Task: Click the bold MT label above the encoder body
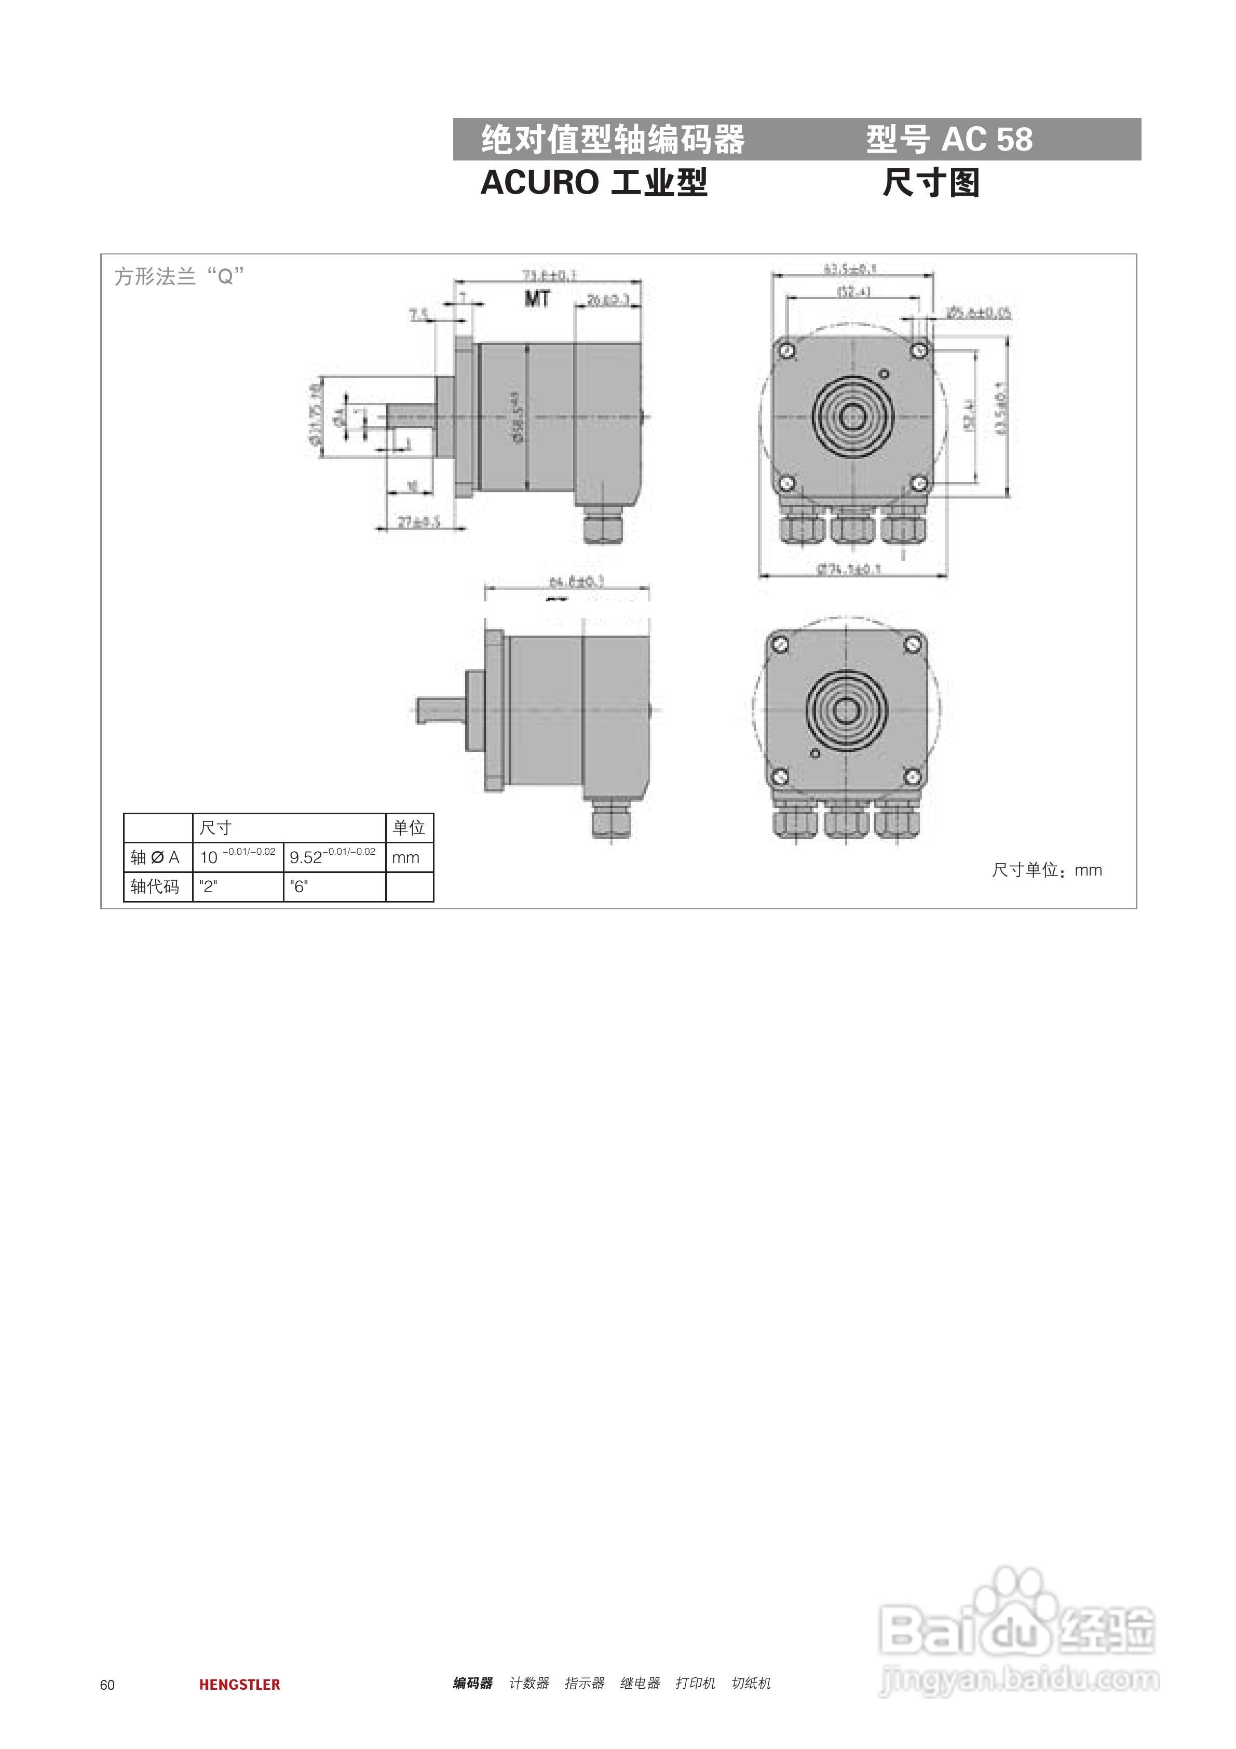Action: [x=537, y=299]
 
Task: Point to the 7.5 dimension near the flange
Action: [x=419, y=313]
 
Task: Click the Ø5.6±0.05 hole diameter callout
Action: [x=979, y=312]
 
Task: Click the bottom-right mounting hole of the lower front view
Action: [x=913, y=776]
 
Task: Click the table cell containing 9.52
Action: [x=334, y=857]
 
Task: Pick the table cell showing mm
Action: [x=408, y=857]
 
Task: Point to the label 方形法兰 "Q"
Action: [x=179, y=276]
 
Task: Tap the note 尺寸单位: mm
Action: [x=1045, y=870]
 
